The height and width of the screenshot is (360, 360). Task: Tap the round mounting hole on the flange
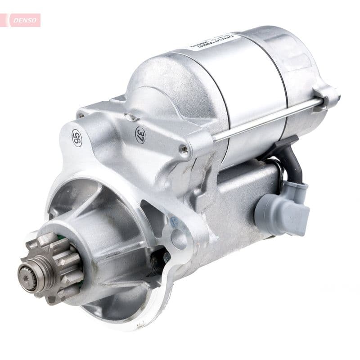[x=179, y=239]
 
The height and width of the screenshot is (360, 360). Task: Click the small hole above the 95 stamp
[x=81, y=116]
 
